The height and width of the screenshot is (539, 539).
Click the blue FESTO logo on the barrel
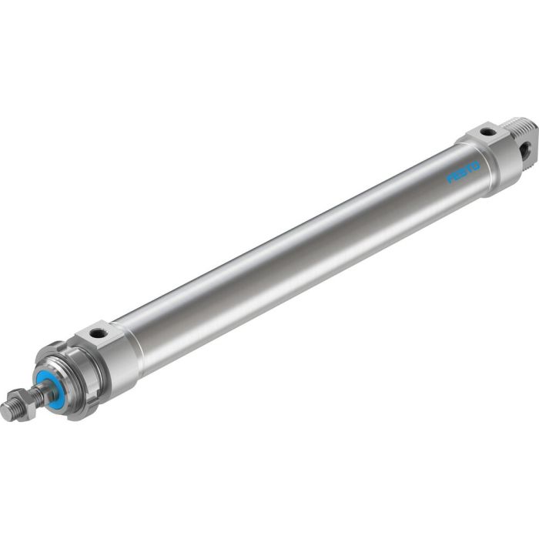click(x=464, y=171)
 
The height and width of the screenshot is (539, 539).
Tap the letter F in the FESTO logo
click(x=452, y=179)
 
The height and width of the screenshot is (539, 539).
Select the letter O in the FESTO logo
click(x=475, y=163)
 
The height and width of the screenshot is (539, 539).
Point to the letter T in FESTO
click(x=469, y=167)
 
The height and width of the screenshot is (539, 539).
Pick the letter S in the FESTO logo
click(x=464, y=171)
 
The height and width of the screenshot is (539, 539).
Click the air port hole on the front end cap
click(x=99, y=333)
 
